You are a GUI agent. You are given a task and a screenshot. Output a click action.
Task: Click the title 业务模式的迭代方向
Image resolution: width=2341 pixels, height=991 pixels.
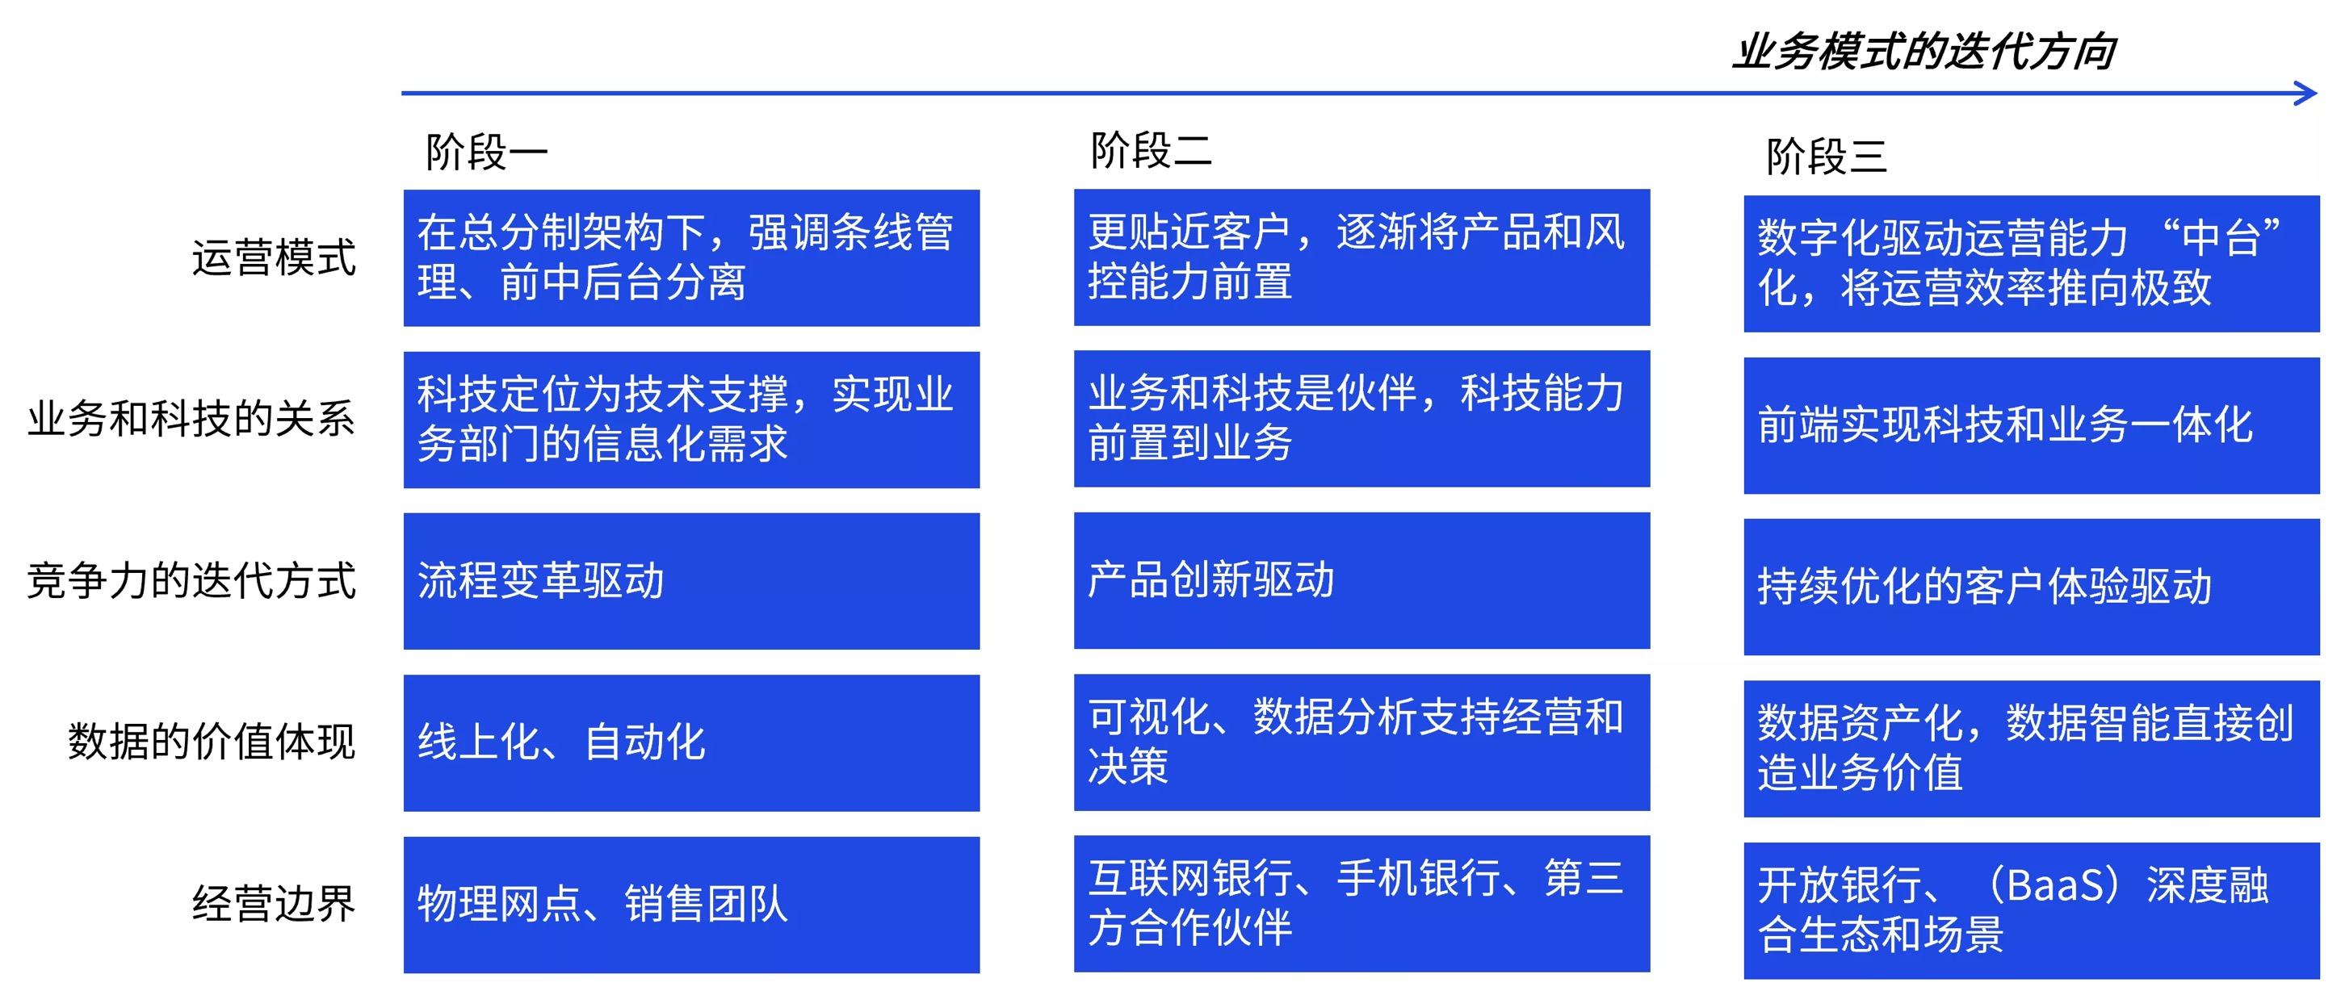(1924, 52)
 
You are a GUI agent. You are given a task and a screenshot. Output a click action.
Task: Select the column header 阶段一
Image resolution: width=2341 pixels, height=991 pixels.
(487, 152)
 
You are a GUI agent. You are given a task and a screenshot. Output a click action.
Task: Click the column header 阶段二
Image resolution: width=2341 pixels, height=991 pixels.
(1152, 150)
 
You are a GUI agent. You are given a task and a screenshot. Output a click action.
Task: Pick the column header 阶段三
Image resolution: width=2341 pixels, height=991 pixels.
(1827, 157)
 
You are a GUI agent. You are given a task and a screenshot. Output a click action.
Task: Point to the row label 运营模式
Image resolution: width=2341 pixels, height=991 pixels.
(274, 257)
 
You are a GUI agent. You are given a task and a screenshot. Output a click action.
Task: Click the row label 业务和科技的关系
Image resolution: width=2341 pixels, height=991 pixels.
(191, 419)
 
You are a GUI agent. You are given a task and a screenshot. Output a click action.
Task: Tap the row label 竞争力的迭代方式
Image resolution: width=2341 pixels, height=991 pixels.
(191, 580)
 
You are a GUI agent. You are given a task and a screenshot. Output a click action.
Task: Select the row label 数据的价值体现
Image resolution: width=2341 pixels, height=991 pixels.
(211, 741)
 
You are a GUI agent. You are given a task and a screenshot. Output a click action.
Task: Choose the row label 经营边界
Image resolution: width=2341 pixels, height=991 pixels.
(274, 903)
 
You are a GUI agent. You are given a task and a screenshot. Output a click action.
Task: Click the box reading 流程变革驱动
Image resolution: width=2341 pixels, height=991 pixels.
(691, 581)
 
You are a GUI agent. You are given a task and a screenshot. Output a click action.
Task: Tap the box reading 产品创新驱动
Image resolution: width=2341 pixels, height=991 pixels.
(1361, 580)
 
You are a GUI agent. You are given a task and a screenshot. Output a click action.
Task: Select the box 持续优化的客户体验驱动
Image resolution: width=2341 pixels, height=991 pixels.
(2031, 587)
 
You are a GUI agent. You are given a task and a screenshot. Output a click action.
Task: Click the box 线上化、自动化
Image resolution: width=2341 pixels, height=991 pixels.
(691, 743)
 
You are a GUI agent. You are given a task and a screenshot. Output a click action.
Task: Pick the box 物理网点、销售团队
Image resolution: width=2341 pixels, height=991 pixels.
(691, 905)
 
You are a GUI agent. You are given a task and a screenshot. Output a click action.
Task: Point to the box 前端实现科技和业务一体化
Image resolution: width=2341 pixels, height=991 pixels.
(2031, 425)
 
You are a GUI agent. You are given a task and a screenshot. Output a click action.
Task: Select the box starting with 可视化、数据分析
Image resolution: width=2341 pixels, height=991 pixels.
(1361, 742)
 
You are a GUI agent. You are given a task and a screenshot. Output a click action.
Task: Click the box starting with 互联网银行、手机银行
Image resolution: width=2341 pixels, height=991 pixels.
(1361, 904)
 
